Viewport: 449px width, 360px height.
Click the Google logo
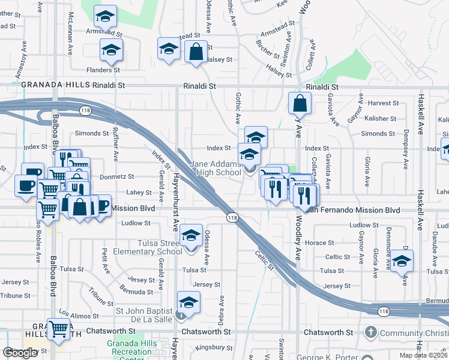point(20,353)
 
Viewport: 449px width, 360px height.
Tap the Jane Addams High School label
point(215,168)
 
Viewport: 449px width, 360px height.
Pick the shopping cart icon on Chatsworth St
point(59,328)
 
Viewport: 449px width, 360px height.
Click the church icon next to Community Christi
point(371,332)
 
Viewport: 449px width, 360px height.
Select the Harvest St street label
point(384,103)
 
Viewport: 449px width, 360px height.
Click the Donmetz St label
point(118,177)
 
